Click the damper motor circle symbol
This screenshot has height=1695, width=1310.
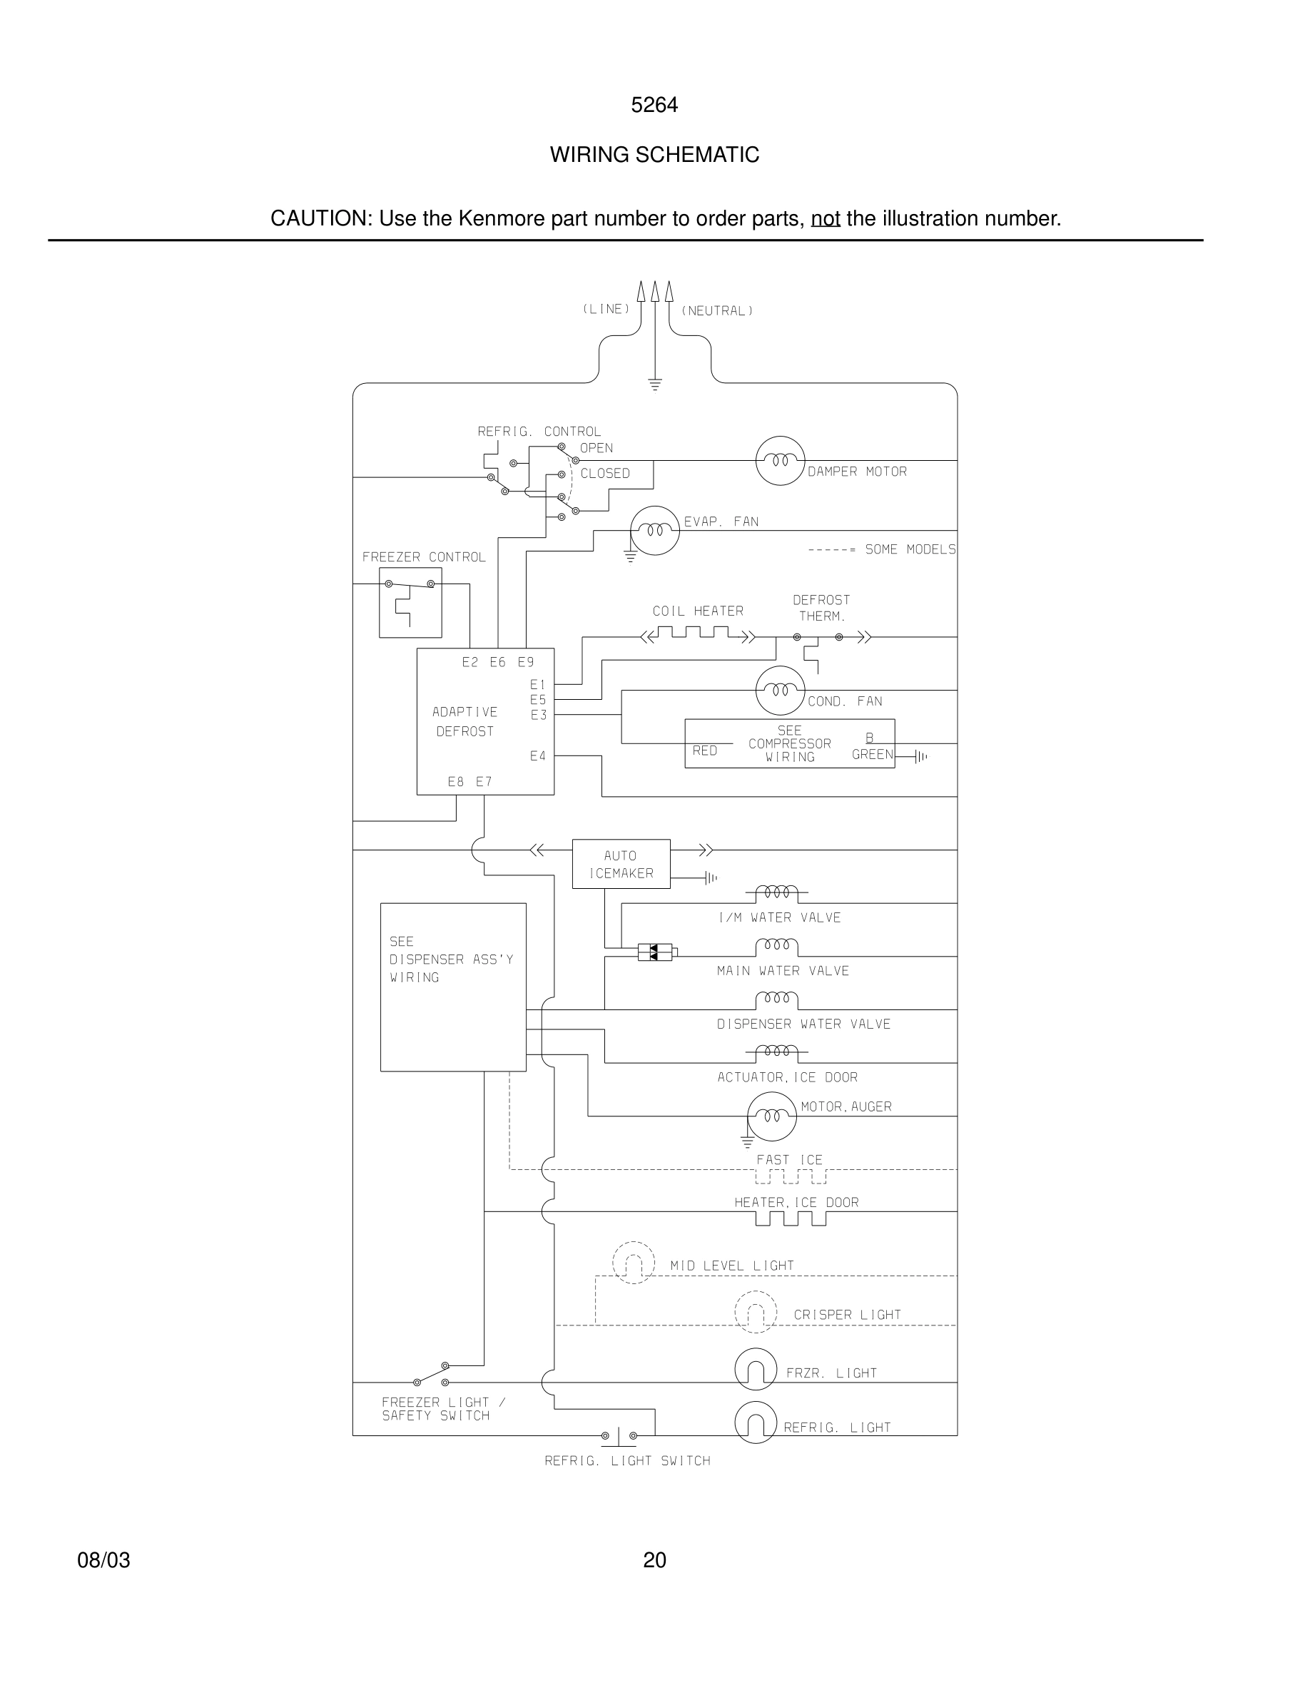click(x=780, y=460)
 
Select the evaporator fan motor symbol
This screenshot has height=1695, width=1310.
click(x=654, y=531)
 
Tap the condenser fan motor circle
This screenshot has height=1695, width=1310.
click(x=780, y=690)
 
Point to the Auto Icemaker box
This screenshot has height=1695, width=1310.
click(x=621, y=864)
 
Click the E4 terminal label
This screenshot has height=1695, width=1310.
click(x=538, y=756)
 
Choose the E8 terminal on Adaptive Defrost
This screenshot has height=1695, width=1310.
click(x=455, y=782)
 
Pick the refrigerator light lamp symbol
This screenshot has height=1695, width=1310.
click(x=755, y=1422)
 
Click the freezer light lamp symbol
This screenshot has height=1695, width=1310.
click(x=755, y=1369)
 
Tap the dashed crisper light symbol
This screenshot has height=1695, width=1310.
click(x=755, y=1313)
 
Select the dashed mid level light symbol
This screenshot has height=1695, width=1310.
click(x=634, y=1263)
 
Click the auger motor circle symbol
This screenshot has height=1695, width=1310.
click(x=771, y=1116)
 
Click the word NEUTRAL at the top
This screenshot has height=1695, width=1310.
click(x=717, y=311)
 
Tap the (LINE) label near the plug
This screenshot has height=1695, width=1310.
click(x=606, y=309)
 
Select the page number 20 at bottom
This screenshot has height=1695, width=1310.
click(x=654, y=1560)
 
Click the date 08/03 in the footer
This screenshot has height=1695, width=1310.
click(x=103, y=1560)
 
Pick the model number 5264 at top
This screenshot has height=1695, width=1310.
click(x=654, y=105)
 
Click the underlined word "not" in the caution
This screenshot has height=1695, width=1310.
click(x=825, y=219)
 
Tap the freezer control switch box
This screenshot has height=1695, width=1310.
click(x=410, y=602)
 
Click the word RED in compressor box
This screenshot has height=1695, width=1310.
click(x=705, y=750)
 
